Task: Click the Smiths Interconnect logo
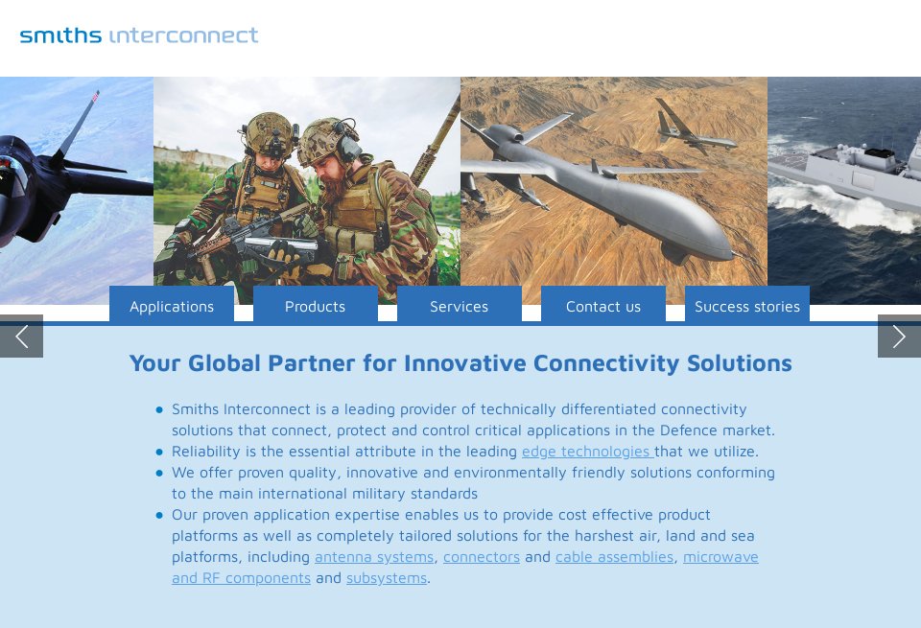pyautogui.click(x=139, y=35)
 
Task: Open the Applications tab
pyautogui.click(x=172, y=306)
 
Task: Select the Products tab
pyautogui.click(x=315, y=306)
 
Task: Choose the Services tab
pyautogui.click(x=459, y=306)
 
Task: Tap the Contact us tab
pyautogui.click(x=602, y=306)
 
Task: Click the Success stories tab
pyautogui.click(x=746, y=306)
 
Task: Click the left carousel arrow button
pyautogui.click(x=21, y=336)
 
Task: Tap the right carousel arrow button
pyautogui.click(x=899, y=336)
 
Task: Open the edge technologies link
pyautogui.click(x=586, y=452)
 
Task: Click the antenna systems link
pyautogui.click(x=374, y=557)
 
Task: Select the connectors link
pyautogui.click(x=482, y=557)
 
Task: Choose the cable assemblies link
pyautogui.click(x=614, y=557)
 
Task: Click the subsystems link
pyautogui.click(x=387, y=578)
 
